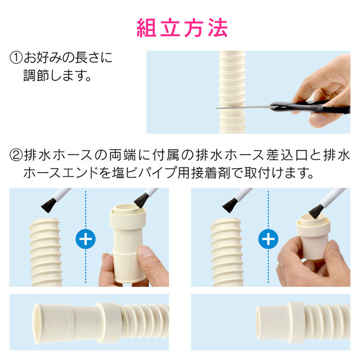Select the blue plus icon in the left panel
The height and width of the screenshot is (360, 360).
point(86,239)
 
